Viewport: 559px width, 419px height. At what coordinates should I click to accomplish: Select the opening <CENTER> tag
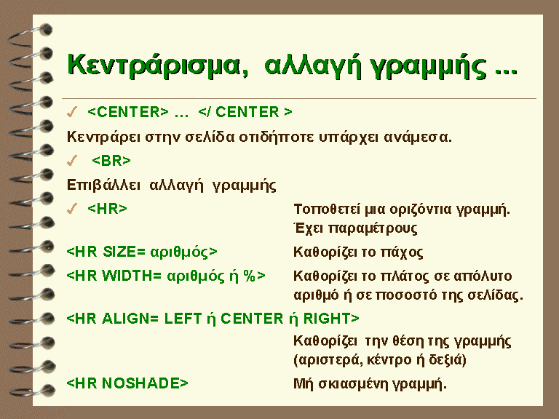[x=127, y=112]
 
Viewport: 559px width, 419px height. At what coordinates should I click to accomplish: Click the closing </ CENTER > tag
[x=245, y=112]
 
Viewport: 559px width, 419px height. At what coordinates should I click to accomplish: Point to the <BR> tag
[x=111, y=161]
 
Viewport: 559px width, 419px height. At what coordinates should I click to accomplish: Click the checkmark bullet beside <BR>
[x=72, y=161]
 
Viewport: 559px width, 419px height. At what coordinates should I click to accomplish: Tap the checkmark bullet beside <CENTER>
[x=72, y=112]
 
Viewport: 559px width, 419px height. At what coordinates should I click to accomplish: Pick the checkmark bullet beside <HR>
[x=72, y=209]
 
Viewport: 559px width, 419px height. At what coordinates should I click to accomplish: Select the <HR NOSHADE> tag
[x=127, y=383]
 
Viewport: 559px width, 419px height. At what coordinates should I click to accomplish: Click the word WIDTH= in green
[x=132, y=276]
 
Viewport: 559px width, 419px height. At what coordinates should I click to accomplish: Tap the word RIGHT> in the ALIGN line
[x=331, y=318]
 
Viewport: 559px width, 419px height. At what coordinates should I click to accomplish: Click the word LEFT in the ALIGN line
[x=183, y=318]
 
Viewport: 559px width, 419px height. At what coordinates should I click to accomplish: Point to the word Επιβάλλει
[x=103, y=185]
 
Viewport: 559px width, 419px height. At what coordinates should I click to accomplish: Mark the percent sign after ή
[x=249, y=276]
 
